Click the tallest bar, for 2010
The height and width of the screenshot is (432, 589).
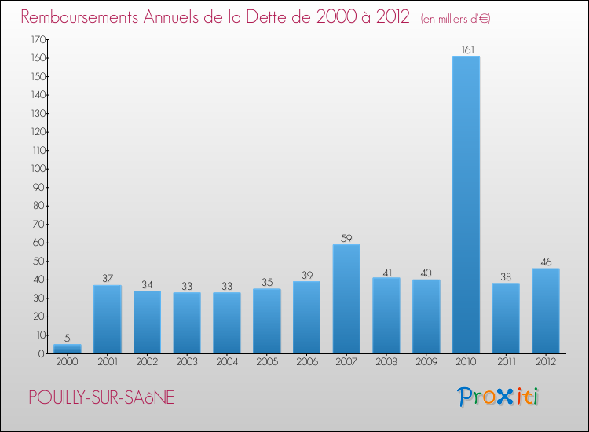pos(466,204)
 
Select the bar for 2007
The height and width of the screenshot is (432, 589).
pos(346,298)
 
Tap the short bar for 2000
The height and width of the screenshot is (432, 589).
pos(68,349)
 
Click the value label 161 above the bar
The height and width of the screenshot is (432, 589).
pos(466,49)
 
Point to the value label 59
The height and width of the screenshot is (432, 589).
pos(346,238)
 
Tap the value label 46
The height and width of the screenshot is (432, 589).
pos(546,262)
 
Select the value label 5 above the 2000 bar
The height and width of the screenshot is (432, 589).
pos(68,338)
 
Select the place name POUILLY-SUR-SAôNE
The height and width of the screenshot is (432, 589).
pos(101,398)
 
